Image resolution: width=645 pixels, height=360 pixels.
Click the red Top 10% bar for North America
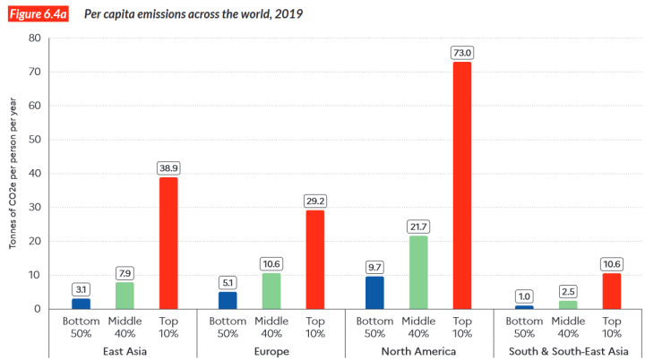click(462, 185)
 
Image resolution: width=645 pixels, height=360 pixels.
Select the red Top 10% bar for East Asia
click(168, 243)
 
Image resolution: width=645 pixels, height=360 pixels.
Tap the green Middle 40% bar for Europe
click(271, 291)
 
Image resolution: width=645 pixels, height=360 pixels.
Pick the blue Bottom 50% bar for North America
click(374, 293)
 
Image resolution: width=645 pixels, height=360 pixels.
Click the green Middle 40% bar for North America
click(418, 272)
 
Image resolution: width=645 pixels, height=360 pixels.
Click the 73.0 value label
click(462, 53)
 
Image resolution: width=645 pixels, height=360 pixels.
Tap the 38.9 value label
click(168, 167)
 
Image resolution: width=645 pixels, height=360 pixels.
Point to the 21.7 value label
click(418, 227)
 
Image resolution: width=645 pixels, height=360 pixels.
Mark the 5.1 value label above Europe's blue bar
click(228, 282)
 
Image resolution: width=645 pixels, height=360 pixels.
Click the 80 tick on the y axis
click(35, 38)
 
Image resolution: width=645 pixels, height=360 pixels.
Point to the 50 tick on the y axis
click(35, 140)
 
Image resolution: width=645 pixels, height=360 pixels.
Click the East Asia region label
click(125, 350)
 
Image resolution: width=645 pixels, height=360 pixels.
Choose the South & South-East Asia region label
click(567, 350)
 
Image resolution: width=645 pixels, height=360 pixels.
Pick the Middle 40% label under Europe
click(271, 326)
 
